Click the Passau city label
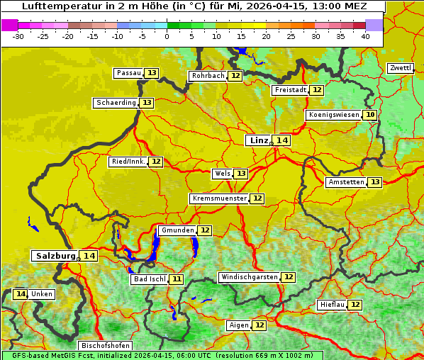[128, 73]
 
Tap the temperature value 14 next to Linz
[282, 140]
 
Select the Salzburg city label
[55, 256]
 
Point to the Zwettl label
[401, 68]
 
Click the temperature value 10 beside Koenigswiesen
[370, 115]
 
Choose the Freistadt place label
[290, 90]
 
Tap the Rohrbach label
[207, 76]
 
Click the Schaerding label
[116, 103]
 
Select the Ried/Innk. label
[128, 162]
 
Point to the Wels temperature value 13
[241, 174]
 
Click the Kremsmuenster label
[219, 198]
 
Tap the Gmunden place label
[177, 230]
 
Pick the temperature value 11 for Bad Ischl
[176, 279]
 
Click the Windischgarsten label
[249, 277]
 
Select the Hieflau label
[332, 305]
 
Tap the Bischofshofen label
[106, 346]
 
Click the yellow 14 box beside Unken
[20, 294]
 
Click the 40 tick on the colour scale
[365, 35]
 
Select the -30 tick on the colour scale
[18, 35]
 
